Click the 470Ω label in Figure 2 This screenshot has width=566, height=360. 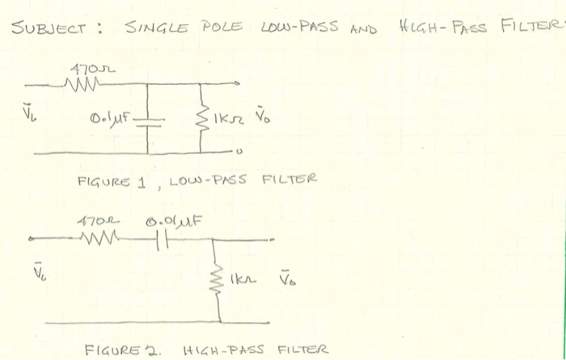(x=90, y=221)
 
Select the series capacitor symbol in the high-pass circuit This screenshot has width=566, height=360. (x=159, y=239)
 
